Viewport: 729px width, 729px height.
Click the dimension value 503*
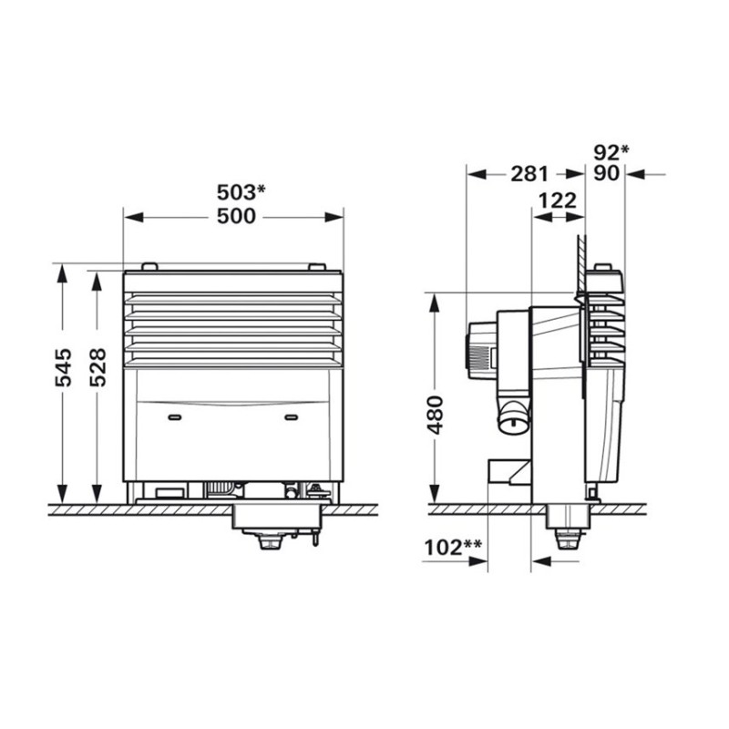[x=241, y=191]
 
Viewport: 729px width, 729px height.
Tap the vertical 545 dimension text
[x=63, y=367]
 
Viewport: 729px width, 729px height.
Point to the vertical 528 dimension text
[x=98, y=367]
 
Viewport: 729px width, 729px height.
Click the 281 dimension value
[x=529, y=173]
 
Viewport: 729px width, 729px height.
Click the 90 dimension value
[x=606, y=173]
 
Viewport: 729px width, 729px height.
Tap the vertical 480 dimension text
[x=436, y=415]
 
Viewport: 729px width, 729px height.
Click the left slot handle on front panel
[x=175, y=416]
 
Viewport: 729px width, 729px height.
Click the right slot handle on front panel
[x=292, y=416]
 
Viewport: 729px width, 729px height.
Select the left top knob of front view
[x=150, y=266]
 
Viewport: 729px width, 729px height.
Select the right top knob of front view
[x=316, y=266]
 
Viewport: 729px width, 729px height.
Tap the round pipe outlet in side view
[x=512, y=421]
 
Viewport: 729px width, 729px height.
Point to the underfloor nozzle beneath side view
[x=567, y=534]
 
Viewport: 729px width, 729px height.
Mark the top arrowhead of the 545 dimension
[x=63, y=276]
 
